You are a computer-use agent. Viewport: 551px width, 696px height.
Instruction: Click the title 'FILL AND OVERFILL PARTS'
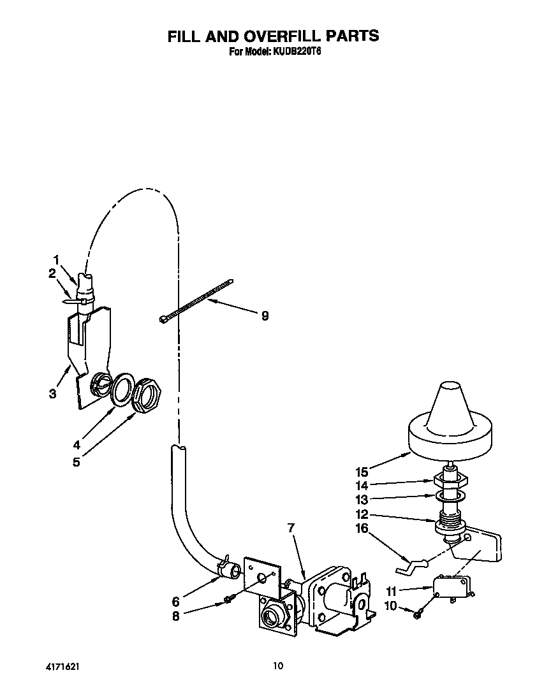tap(273, 36)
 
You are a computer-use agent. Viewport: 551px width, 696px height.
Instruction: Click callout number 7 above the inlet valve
tap(291, 528)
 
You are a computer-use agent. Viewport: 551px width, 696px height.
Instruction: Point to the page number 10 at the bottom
tap(277, 667)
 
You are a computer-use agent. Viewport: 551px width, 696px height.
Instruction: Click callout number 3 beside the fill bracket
tap(53, 394)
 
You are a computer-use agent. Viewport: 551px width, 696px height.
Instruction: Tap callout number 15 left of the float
tap(362, 472)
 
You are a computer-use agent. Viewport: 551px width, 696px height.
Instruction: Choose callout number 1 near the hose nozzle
tap(57, 260)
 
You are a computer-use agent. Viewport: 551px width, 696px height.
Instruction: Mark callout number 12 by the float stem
tap(362, 514)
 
